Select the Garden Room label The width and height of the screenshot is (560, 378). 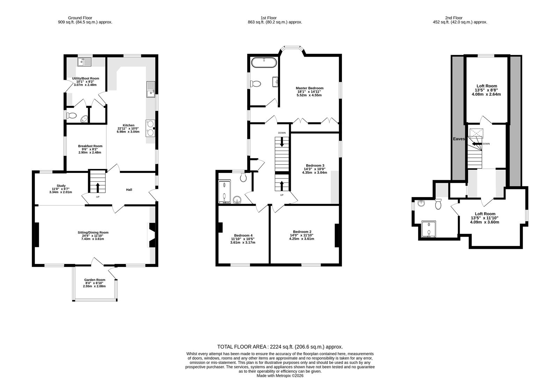pos(95,280)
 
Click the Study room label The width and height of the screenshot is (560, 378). pos(61,186)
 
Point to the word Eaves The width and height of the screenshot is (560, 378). pos(459,139)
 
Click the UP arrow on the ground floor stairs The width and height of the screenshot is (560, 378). pos(98,187)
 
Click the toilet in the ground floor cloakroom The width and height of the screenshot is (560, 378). pos(72,115)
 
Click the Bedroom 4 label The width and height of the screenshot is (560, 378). pos(243,235)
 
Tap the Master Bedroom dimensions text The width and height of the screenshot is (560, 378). pos(309,93)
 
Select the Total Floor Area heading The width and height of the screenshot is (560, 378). pos(280,347)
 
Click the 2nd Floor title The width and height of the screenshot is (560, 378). pos(453,17)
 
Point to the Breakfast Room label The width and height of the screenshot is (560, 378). pos(90,146)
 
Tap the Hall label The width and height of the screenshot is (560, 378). pos(129,190)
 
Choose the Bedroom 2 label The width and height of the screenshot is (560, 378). pos(302,232)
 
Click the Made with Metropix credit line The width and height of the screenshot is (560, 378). pos(280,376)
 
